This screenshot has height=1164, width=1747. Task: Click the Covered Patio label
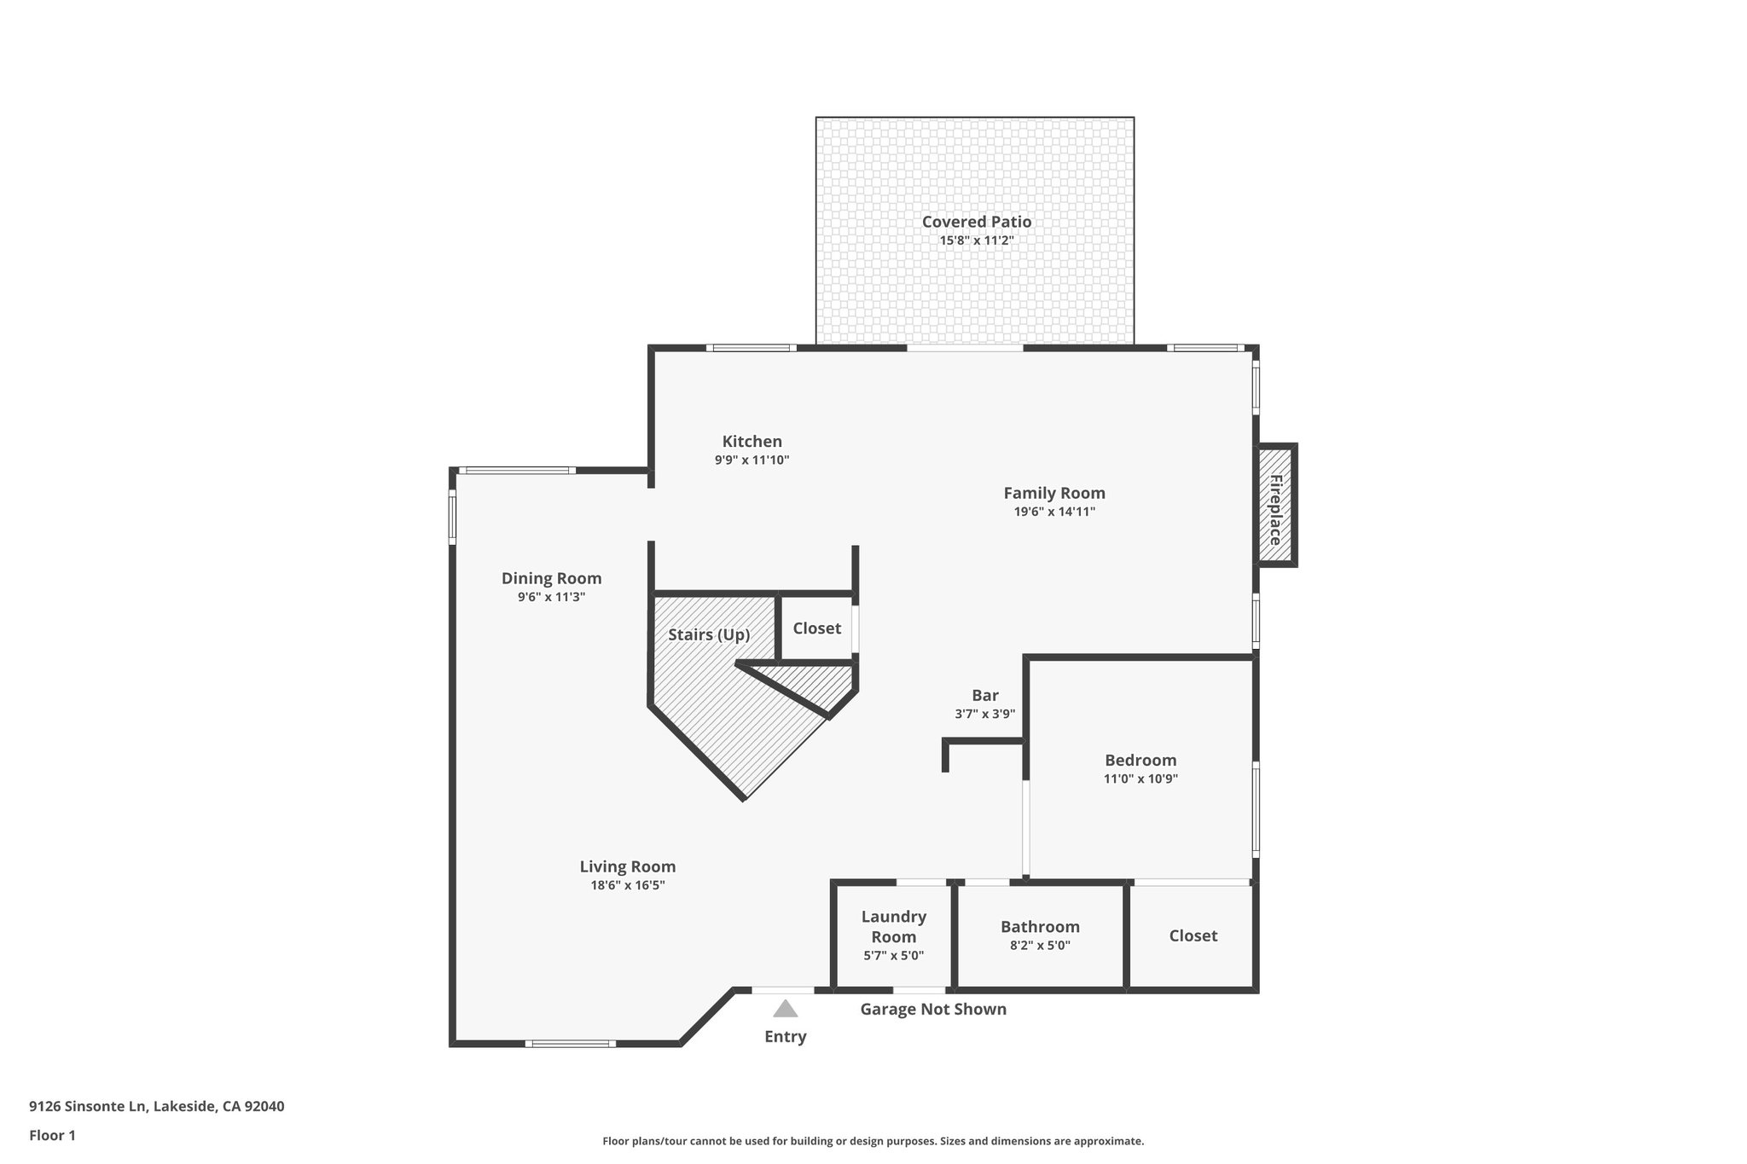coord(976,222)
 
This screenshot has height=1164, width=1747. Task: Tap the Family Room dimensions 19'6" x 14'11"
coord(1053,512)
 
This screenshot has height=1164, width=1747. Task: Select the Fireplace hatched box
coord(1275,505)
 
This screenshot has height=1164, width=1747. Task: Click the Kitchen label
coord(752,441)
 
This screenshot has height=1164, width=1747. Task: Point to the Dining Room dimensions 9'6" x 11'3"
coord(551,597)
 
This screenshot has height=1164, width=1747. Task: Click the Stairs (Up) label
coord(708,634)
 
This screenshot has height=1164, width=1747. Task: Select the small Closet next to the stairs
coord(816,628)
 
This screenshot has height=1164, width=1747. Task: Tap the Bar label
coord(984,695)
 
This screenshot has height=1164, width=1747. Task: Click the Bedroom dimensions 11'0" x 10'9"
coord(1140,779)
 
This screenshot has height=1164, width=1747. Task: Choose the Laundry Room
coord(893,935)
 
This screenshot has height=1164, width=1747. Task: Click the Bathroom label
coord(1040,927)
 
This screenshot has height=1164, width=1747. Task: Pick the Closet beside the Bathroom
coord(1193,935)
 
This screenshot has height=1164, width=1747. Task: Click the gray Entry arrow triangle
coord(785,1010)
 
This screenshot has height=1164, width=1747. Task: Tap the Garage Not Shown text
coord(932,1010)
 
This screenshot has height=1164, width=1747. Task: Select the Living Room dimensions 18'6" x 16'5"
coord(627,885)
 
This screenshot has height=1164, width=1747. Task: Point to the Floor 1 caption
coord(52,1135)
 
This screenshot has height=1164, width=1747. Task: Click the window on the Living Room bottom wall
coord(570,1044)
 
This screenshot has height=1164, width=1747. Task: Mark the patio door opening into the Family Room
coord(965,348)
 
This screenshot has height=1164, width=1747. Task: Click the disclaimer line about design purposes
coord(873,1141)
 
